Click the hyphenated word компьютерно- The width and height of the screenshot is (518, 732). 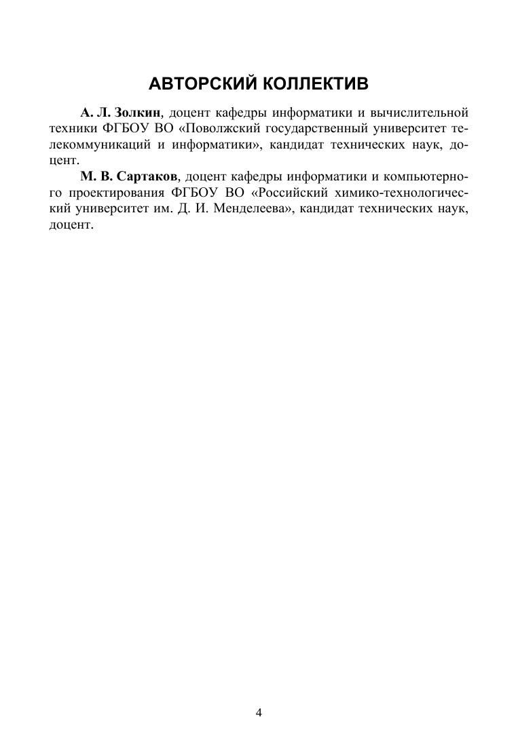[x=426, y=176]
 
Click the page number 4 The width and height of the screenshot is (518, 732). [x=259, y=712]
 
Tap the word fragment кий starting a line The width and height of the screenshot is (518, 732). [x=60, y=209]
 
